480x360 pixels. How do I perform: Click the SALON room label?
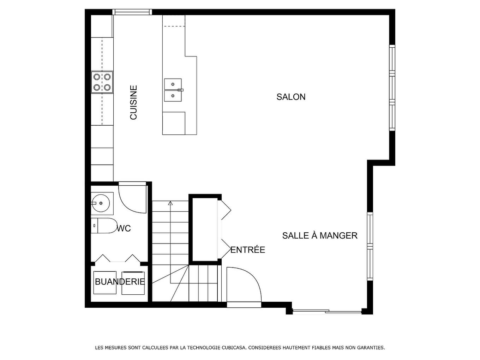pyautogui.click(x=291, y=97)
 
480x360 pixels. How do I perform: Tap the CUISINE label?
pyautogui.click(x=133, y=102)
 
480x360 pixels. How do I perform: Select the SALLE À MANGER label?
pyautogui.click(x=320, y=235)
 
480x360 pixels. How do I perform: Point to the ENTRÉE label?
pyautogui.click(x=248, y=250)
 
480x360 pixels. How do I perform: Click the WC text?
pyautogui.click(x=124, y=229)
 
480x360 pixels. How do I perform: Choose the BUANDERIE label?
pyautogui.click(x=120, y=282)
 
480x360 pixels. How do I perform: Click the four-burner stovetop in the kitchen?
pyautogui.click(x=102, y=82)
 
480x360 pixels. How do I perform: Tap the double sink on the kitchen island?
pyautogui.click(x=173, y=90)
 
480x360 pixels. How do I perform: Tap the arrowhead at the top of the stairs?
pyautogui.click(x=170, y=203)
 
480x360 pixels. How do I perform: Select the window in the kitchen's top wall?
pyautogui.click(x=132, y=12)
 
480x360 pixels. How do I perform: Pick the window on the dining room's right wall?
pyautogui.click(x=370, y=246)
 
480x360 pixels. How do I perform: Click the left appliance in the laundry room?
pyautogui.click(x=105, y=282)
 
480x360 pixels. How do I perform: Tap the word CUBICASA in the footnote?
pyautogui.click(x=233, y=348)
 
